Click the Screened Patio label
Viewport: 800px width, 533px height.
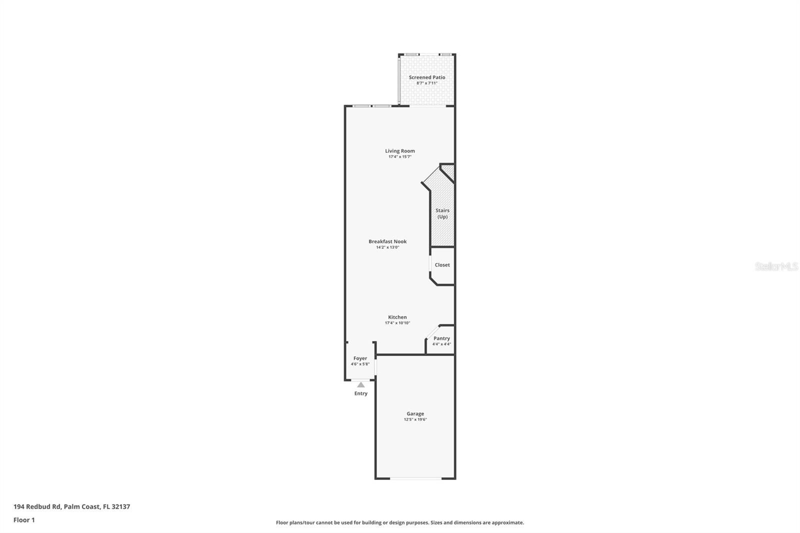(x=426, y=77)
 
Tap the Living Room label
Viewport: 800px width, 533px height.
(x=399, y=151)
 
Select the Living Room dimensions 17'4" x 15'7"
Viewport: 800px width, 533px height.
(x=399, y=157)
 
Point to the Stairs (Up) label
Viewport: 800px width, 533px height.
(x=442, y=213)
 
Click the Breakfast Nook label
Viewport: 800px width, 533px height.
(x=387, y=241)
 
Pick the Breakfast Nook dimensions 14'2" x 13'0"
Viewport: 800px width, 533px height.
(x=387, y=247)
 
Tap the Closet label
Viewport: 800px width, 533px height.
(x=442, y=265)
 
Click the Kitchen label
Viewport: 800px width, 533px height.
(x=397, y=317)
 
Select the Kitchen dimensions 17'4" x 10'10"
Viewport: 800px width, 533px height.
(x=397, y=323)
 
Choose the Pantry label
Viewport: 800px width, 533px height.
(x=441, y=338)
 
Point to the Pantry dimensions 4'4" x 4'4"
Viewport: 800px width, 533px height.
(x=441, y=344)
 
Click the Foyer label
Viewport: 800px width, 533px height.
(x=360, y=358)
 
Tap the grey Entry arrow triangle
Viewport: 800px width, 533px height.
(x=361, y=384)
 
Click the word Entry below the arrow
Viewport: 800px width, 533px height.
(x=361, y=393)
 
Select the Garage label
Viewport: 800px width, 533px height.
(x=415, y=413)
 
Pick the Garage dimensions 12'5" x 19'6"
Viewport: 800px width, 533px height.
(x=415, y=419)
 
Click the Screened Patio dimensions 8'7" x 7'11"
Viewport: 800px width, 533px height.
(x=426, y=83)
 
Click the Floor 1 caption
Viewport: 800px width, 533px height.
(x=24, y=520)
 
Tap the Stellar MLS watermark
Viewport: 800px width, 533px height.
(x=776, y=266)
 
